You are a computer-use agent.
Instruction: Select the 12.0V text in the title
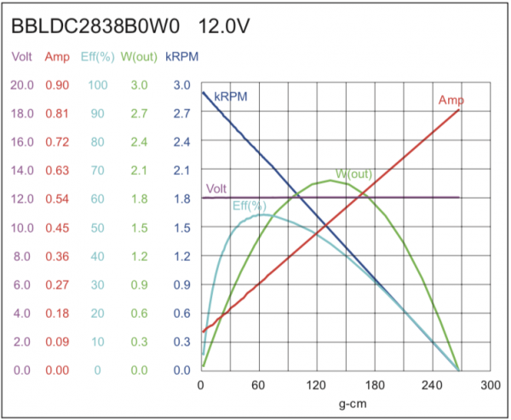[x=224, y=26]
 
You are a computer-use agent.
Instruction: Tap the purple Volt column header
[x=22, y=57]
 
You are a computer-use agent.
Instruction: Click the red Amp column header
[x=58, y=57]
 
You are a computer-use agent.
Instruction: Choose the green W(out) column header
[x=138, y=57]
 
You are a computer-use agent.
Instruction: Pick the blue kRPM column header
[x=181, y=57]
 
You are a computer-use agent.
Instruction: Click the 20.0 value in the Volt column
[x=22, y=85]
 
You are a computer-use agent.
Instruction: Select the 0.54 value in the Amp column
[x=58, y=199]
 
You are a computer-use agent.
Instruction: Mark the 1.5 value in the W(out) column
[x=138, y=227]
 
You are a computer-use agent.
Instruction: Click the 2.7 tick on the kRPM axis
[x=181, y=113]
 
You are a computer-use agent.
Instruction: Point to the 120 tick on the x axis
[x=317, y=385]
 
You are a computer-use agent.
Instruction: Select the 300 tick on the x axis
[x=490, y=385]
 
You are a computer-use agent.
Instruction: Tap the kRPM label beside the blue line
[x=231, y=96]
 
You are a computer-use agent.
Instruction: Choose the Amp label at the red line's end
[x=451, y=101]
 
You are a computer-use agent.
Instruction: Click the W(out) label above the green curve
[x=353, y=174]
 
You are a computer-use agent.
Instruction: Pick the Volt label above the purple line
[x=216, y=188]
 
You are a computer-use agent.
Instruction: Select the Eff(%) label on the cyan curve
[x=250, y=206]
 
